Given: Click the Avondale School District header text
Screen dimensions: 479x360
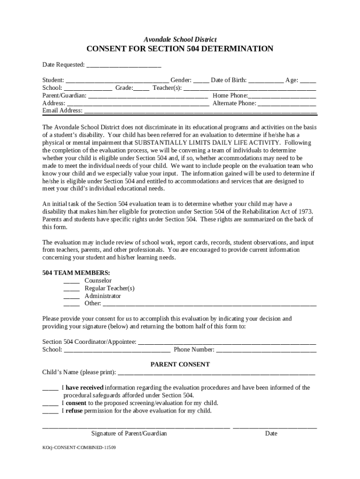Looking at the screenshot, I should pyautogui.click(x=180, y=40).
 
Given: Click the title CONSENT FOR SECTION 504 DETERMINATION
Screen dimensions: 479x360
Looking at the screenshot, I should pyautogui.click(x=180, y=49).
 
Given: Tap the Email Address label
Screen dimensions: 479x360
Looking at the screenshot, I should pyautogui.click(x=62, y=111).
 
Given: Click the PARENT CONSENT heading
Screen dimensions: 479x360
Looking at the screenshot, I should pyautogui.click(x=180, y=364).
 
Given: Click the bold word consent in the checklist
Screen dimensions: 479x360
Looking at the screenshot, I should pyautogui.click(x=76, y=403).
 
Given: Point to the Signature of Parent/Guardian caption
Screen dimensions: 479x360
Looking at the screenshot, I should pyautogui.click(x=129, y=434).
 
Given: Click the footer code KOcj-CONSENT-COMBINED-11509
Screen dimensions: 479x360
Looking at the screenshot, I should pyautogui.click(x=79, y=448).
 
